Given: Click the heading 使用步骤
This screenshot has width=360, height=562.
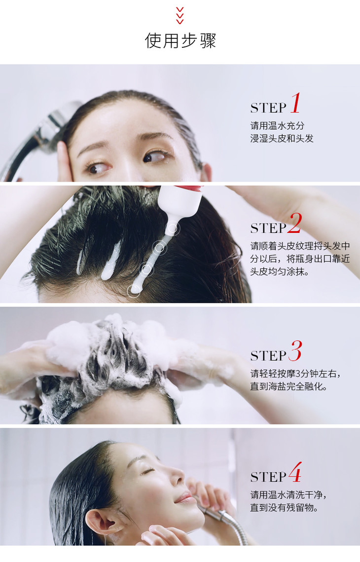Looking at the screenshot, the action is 180,40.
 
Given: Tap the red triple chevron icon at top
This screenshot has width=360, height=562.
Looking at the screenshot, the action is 180,16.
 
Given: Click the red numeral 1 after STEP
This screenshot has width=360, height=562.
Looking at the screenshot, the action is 296,103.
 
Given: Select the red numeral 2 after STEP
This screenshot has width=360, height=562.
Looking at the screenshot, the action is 295,223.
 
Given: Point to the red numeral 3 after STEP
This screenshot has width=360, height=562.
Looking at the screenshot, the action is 295,350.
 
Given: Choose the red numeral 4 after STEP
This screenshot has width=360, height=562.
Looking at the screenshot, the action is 295,472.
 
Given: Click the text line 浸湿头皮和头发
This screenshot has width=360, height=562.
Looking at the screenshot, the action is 282,138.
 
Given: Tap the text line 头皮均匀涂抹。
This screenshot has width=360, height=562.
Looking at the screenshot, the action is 280,271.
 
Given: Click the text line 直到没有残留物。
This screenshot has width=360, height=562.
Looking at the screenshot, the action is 284,508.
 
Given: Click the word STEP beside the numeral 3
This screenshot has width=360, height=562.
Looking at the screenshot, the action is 268,356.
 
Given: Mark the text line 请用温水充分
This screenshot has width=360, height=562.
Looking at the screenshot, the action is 277,126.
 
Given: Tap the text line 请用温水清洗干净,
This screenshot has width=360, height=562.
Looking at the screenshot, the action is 288,495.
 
